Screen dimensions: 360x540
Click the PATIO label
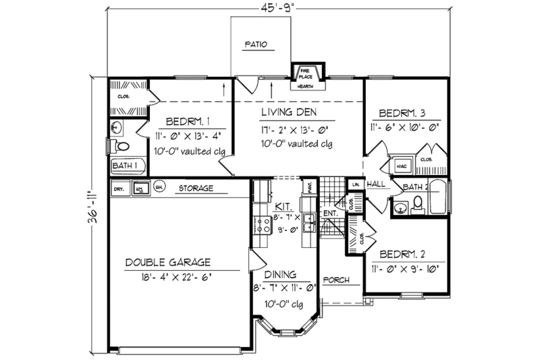[256, 45]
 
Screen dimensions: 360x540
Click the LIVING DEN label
[291, 111]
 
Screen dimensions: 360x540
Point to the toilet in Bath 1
[122, 147]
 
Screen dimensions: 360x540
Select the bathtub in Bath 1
[127, 165]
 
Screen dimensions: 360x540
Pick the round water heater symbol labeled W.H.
[159, 188]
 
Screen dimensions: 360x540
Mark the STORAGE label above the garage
[197, 188]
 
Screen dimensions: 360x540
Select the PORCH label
[335, 280]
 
